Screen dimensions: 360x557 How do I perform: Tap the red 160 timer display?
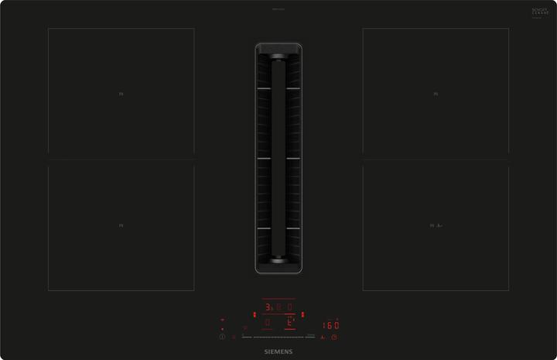331,325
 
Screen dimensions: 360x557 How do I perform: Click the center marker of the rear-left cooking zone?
121,94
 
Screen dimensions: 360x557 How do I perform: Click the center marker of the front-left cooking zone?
121,225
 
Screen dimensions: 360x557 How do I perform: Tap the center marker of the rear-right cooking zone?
436,94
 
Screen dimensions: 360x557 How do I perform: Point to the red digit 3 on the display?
267,307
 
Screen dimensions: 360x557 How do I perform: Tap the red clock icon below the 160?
335,338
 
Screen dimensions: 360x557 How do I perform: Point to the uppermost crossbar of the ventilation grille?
278,89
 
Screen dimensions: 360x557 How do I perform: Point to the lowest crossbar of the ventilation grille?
278,230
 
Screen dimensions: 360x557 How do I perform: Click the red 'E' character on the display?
290,322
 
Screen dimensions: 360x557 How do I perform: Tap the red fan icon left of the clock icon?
323,338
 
